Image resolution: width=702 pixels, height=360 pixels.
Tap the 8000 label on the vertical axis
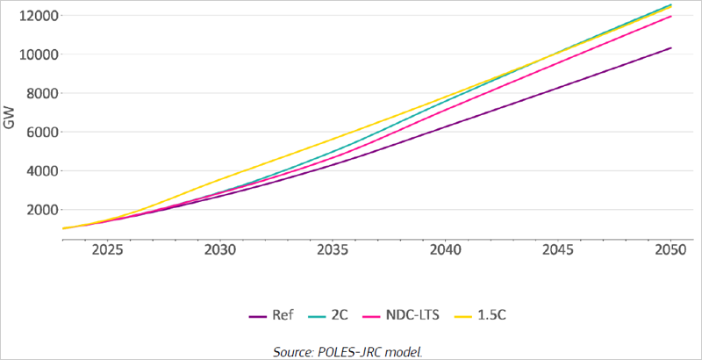tap(41, 93)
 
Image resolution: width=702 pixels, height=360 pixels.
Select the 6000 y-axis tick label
tap(41, 132)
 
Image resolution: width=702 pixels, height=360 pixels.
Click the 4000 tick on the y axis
tap(41, 170)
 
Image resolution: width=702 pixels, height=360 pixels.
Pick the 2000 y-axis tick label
tap(41, 209)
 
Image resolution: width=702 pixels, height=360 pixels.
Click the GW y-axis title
tap(10, 122)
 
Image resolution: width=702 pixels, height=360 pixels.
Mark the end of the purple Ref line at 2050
tap(671, 48)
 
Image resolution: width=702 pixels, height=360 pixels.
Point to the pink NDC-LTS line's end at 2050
tap(671, 16)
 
